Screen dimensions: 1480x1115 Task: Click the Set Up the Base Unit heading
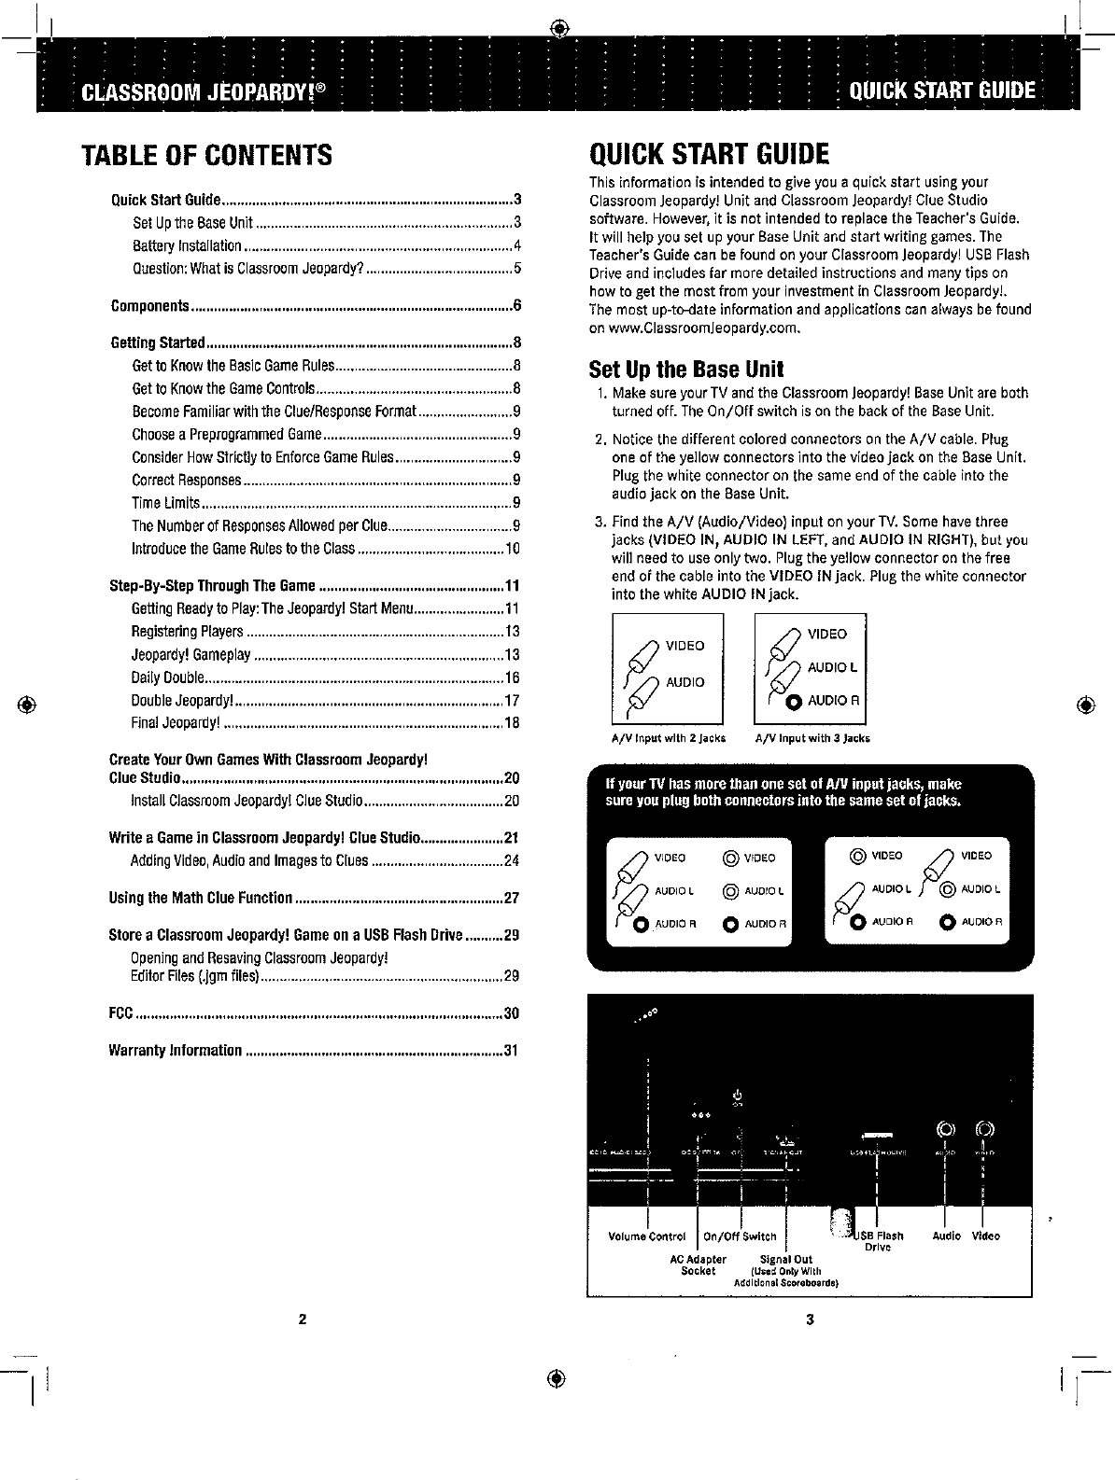tap(686, 369)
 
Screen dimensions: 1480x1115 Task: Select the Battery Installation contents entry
tap(188, 246)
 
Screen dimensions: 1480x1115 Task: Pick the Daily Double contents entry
tap(162, 677)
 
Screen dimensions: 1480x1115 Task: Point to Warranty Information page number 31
tap(510, 1052)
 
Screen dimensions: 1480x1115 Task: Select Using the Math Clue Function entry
tap(201, 899)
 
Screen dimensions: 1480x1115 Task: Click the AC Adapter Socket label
tap(699, 1264)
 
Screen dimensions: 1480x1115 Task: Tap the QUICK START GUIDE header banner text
tap(941, 91)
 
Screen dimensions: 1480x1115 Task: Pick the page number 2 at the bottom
tap(302, 1319)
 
